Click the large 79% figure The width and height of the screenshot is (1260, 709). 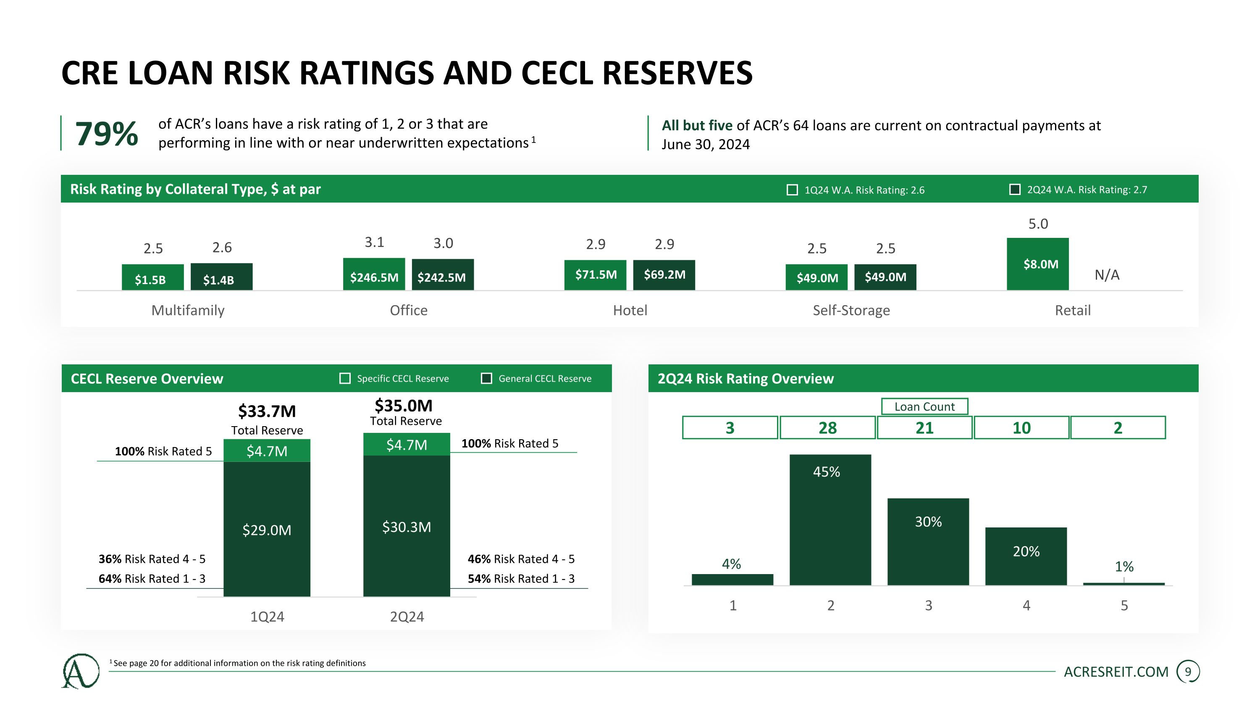pyautogui.click(x=106, y=134)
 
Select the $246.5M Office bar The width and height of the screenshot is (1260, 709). pyautogui.click(x=374, y=274)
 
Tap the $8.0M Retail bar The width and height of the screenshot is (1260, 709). pyautogui.click(x=1037, y=264)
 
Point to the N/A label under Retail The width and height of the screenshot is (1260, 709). pyautogui.click(x=1106, y=275)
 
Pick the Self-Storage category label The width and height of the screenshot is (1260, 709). pyautogui.click(x=851, y=310)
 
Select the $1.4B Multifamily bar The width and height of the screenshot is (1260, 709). pyautogui.click(x=221, y=277)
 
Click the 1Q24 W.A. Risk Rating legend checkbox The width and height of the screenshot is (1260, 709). pyautogui.click(x=792, y=190)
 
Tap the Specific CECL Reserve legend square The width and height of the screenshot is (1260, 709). pyautogui.click(x=345, y=378)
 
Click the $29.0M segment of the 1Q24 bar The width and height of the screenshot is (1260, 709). pyautogui.click(x=267, y=530)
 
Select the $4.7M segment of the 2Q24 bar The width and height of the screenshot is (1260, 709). pyautogui.click(x=406, y=444)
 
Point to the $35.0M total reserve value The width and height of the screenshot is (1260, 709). pyautogui.click(x=404, y=406)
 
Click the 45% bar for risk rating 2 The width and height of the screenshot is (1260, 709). pyautogui.click(x=830, y=519)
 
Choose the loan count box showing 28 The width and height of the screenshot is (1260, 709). pyautogui.click(x=827, y=428)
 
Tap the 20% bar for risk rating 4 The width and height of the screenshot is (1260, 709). pyautogui.click(x=1026, y=556)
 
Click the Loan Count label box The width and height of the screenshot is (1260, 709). pyautogui.click(x=924, y=406)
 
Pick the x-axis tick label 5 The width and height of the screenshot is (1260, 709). pyautogui.click(x=1124, y=606)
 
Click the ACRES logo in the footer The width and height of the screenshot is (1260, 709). pyautogui.click(x=81, y=671)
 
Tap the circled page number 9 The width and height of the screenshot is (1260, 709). pyautogui.click(x=1188, y=672)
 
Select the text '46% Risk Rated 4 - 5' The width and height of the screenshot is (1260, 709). pyautogui.click(x=521, y=559)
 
